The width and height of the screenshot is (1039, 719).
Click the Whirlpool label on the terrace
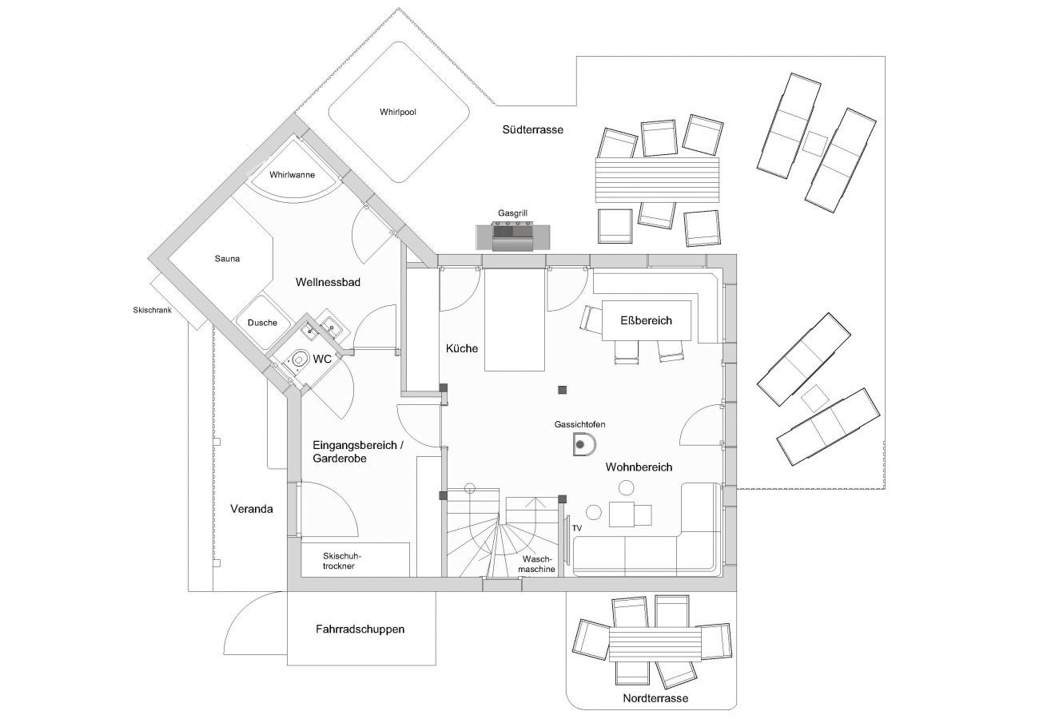click(397, 112)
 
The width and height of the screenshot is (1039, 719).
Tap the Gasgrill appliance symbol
click(513, 237)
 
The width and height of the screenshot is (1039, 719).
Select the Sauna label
click(227, 259)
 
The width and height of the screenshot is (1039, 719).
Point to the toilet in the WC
click(298, 359)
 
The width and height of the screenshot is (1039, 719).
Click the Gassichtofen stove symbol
click(583, 444)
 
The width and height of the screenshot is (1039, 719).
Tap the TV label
click(577, 528)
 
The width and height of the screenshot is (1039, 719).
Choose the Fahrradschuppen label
click(360, 629)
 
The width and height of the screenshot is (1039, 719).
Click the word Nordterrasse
click(655, 698)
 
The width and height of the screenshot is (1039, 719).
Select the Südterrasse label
click(532, 129)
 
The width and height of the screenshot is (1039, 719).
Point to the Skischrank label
click(152, 310)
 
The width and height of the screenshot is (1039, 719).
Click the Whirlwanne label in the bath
click(293, 175)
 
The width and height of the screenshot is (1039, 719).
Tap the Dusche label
click(262, 323)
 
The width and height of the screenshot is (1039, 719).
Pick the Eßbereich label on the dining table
click(646, 320)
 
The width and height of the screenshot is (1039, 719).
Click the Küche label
click(462, 348)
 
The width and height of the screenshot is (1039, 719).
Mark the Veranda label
click(252, 509)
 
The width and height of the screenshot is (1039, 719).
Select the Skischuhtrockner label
click(342, 561)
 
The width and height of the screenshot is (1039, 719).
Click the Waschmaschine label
click(536, 564)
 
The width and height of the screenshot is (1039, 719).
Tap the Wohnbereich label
click(639, 467)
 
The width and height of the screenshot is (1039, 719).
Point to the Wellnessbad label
click(328, 282)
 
